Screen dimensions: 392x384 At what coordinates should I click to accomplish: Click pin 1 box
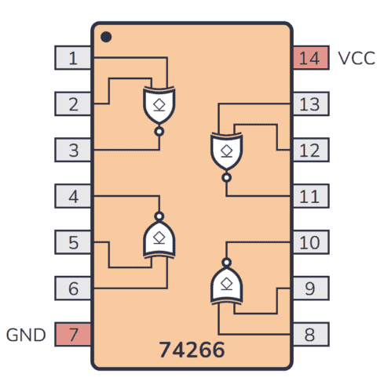point(73,57)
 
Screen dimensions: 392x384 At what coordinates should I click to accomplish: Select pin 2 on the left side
point(73,103)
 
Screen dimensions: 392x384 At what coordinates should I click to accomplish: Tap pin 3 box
point(73,149)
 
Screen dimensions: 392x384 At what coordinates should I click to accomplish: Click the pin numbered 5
point(73,242)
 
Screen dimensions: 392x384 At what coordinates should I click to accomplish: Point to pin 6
point(73,289)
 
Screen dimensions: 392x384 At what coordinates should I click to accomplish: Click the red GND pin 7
point(73,335)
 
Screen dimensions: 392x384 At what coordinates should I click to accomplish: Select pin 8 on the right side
point(309,335)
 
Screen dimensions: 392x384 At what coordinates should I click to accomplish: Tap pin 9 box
point(309,289)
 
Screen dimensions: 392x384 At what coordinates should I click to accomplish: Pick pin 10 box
point(309,242)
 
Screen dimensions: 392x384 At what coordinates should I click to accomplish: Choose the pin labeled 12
point(309,149)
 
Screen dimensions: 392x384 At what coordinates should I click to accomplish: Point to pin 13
point(309,103)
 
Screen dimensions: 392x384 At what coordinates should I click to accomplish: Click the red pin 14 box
point(309,57)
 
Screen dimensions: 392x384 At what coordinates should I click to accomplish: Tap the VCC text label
point(356,58)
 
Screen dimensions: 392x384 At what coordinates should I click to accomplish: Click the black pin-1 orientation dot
point(107,36)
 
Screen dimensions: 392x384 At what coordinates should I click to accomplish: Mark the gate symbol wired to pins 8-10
point(226,285)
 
